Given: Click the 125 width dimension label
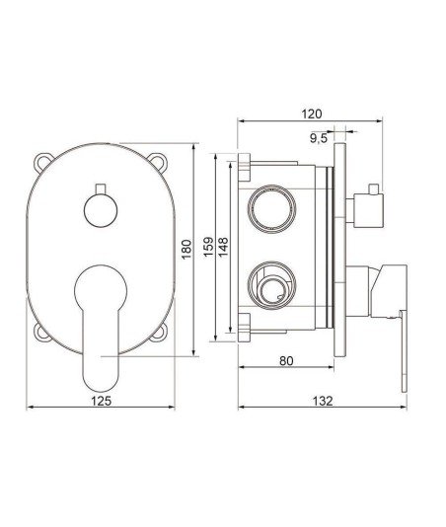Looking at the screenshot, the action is point(102,401).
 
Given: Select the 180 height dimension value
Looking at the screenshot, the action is point(186,249).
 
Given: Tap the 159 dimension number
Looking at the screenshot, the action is point(209,247).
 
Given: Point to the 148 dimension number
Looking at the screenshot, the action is point(223,247).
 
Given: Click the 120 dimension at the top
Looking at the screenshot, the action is point(311,113).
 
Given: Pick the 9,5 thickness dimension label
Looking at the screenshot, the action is point(319,138).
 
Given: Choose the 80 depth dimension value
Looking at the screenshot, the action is point(286,361).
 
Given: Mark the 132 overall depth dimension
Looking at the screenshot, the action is point(323,401).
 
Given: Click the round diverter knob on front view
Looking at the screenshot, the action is point(101,211).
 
